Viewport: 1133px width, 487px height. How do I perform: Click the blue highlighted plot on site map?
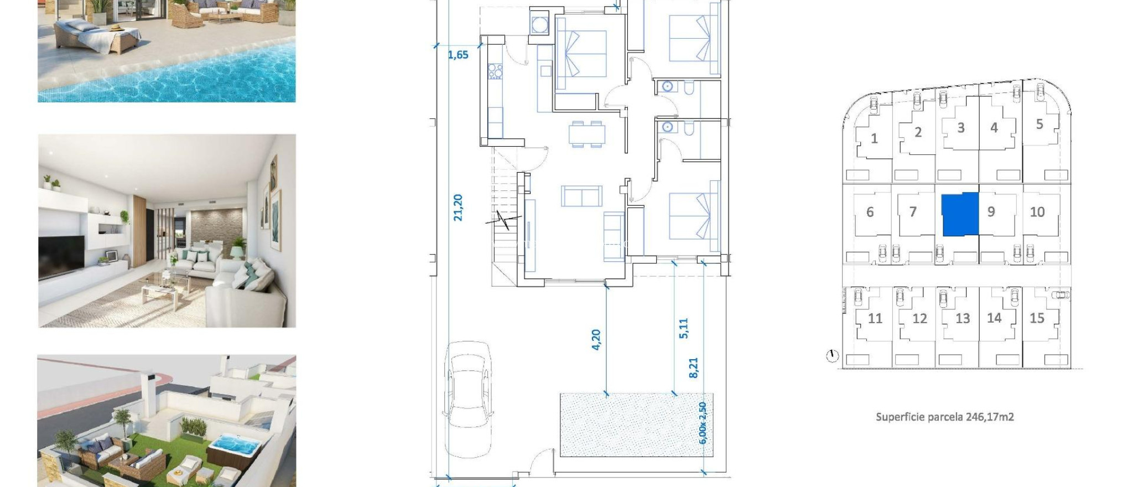coord(960,215)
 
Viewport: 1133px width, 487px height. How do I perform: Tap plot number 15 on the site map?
coord(1037,318)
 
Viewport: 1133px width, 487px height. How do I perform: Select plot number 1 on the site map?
coord(874,138)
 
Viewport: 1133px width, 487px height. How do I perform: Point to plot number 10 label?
coord(1037,212)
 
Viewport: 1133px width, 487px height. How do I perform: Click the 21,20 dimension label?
coord(458,208)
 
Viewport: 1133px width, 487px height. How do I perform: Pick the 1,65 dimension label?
coord(458,55)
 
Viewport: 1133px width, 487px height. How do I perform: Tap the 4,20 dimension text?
coord(596,339)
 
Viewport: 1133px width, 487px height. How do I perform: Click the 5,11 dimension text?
coord(684,328)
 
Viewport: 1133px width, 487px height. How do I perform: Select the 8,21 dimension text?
coord(694,368)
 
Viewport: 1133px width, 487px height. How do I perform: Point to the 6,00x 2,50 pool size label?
coord(703,423)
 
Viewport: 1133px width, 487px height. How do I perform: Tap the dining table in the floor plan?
coord(587,134)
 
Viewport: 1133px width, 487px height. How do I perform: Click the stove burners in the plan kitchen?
coord(495,71)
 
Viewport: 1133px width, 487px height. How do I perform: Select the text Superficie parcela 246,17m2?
coord(944,417)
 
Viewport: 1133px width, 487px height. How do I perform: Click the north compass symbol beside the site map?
coord(833,356)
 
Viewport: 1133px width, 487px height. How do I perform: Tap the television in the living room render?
coord(61,256)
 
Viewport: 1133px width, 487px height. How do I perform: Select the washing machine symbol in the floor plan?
coord(538,24)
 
